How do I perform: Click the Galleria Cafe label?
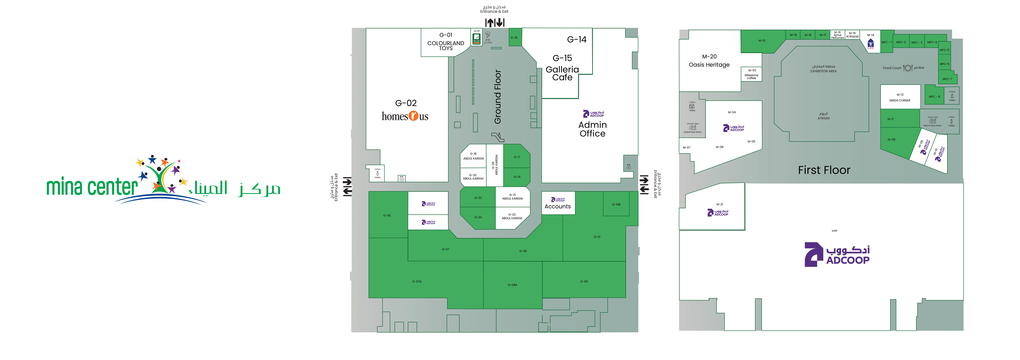point(562,73)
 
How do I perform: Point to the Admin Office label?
point(592,129)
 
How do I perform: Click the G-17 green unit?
point(517,157)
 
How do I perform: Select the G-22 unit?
point(478,198)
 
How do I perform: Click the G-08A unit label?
point(512,285)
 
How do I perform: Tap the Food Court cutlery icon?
point(908,68)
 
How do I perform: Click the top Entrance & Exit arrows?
point(495,23)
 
